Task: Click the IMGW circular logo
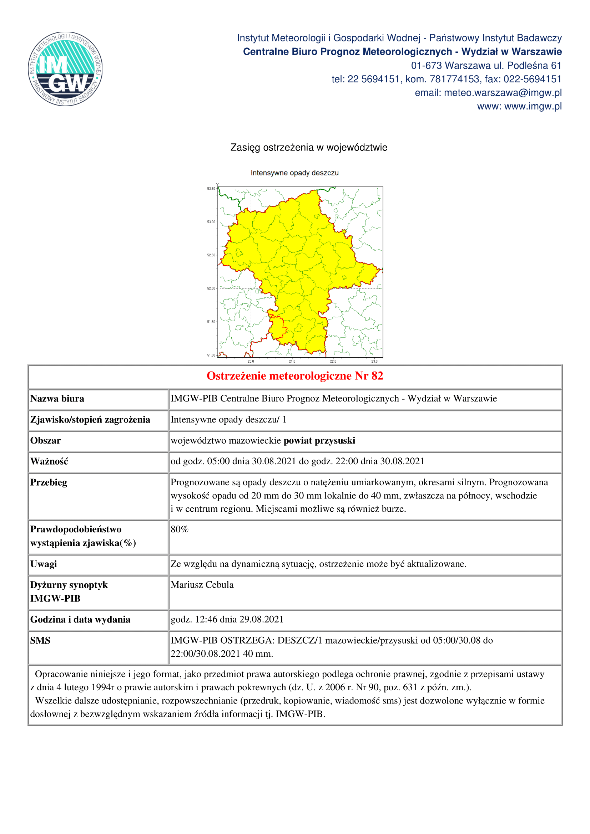pyautogui.click(x=65, y=69)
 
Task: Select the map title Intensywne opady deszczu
pyautogui.click(x=294, y=173)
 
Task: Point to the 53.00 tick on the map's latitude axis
pyautogui.click(x=211, y=222)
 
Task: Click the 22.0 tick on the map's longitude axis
pyautogui.click(x=333, y=362)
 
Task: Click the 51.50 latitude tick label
pyautogui.click(x=211, y=322)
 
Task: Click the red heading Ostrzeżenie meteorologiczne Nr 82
pyautogui.click(x=295, y=376)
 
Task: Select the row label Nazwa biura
pyautogui.click(x=57, y=399)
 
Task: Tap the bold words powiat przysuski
pyautogui.click(x=319, y=441)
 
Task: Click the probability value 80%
pyautogui.click(x=180, y=529)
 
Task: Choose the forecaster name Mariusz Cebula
pyautogui.click(x=202, y=585)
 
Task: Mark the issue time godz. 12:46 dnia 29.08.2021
pyautogui.click(x=227, y=619)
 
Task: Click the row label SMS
pyautogui.click(x=40, y=640)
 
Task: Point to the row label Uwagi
pyautogui.click(x=44, y=564)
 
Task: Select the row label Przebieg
pyautogui.click(x=49, y=482)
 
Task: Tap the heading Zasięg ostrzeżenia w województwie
pyautogui.click(x=309, y=148)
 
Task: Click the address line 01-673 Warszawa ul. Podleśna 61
pyautogui.click(x=486, y=66)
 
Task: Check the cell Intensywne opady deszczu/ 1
pyautogui.click(x=229, y=420)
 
